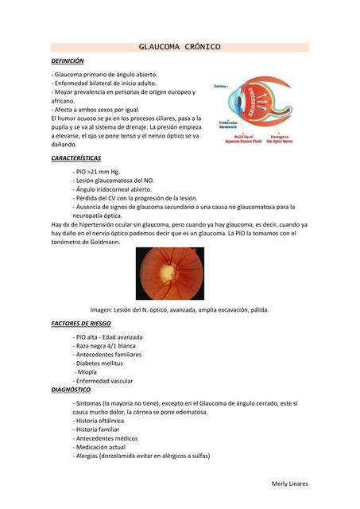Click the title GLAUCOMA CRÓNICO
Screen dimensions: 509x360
pyautogui.click(x=180, y=47)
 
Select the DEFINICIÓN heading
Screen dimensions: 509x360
pyautogui.click(x=67, y=61)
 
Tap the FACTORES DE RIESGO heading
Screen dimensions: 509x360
pyautogui.click(x=81, y=324)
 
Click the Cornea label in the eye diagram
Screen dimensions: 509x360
pyautogui.click(x=220, y=83)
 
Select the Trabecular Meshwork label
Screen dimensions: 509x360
pyautogui.click(x=225, y=125)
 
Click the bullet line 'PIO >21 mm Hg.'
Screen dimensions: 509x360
pyautogui.click(x=95, y=171)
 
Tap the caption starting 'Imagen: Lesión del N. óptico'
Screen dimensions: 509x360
pyautogui.click(x=179, y=309)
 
